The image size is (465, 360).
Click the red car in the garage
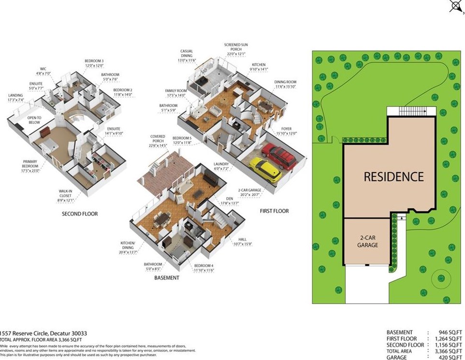coord(279,157)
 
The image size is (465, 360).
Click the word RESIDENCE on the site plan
coord(393,176)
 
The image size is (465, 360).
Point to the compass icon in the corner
coord(455,6)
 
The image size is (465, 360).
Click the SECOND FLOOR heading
coord(80,214)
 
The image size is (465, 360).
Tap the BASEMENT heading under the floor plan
coord(167,278)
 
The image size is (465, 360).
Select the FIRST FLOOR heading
coord(274,211)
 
